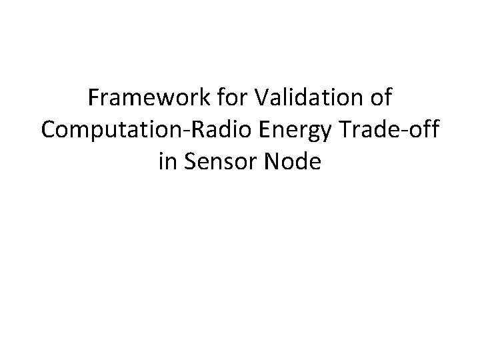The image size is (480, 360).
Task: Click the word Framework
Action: pyautogui.click(x=149, y=100)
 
